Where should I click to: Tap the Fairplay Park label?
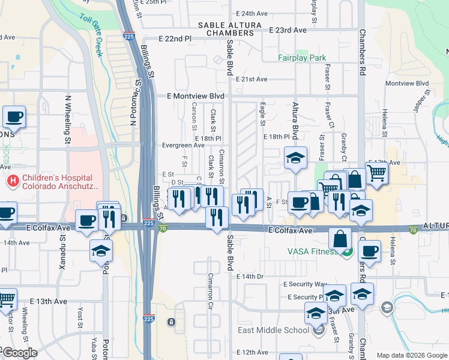pos(302,58)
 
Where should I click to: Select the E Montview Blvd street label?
pos(185,96)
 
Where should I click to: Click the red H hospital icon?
pos(11,180)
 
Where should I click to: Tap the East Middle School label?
pos(282,329)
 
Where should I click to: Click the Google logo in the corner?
pos(19,353)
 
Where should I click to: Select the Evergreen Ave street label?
pos(183,145)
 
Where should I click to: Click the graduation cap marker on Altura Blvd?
pos(295,158)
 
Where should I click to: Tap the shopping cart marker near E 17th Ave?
pos(376,173)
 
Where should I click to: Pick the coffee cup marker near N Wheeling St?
pos(14,117)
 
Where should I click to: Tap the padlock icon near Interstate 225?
pos(172,322)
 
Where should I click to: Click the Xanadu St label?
pos(62,244)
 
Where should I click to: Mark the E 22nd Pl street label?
pos(175,38)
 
